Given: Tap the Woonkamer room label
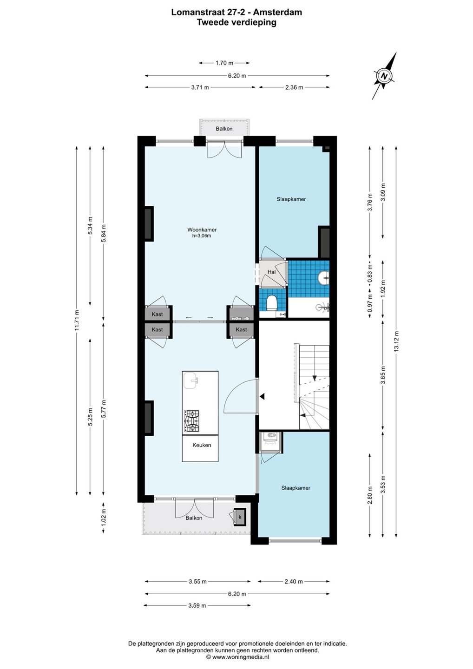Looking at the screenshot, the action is point(202,230).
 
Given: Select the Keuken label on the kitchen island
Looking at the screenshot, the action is point(202,445).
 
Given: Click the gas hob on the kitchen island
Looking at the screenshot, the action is point(191,421).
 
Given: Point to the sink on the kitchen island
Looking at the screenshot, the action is point(191,381).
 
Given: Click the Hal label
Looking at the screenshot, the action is point(271,272).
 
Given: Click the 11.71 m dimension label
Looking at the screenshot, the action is point(77,320).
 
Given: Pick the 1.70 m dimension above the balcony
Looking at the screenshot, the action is point(224,63).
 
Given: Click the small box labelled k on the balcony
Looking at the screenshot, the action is point(240,517).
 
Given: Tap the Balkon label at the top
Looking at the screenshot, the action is point(224,129).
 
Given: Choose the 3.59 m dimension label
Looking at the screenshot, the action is point(197,605).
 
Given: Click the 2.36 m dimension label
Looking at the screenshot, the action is point(294,87).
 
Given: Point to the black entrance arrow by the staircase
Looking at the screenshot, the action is point(262,397).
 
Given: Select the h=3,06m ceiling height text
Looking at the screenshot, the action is point(202,236).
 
